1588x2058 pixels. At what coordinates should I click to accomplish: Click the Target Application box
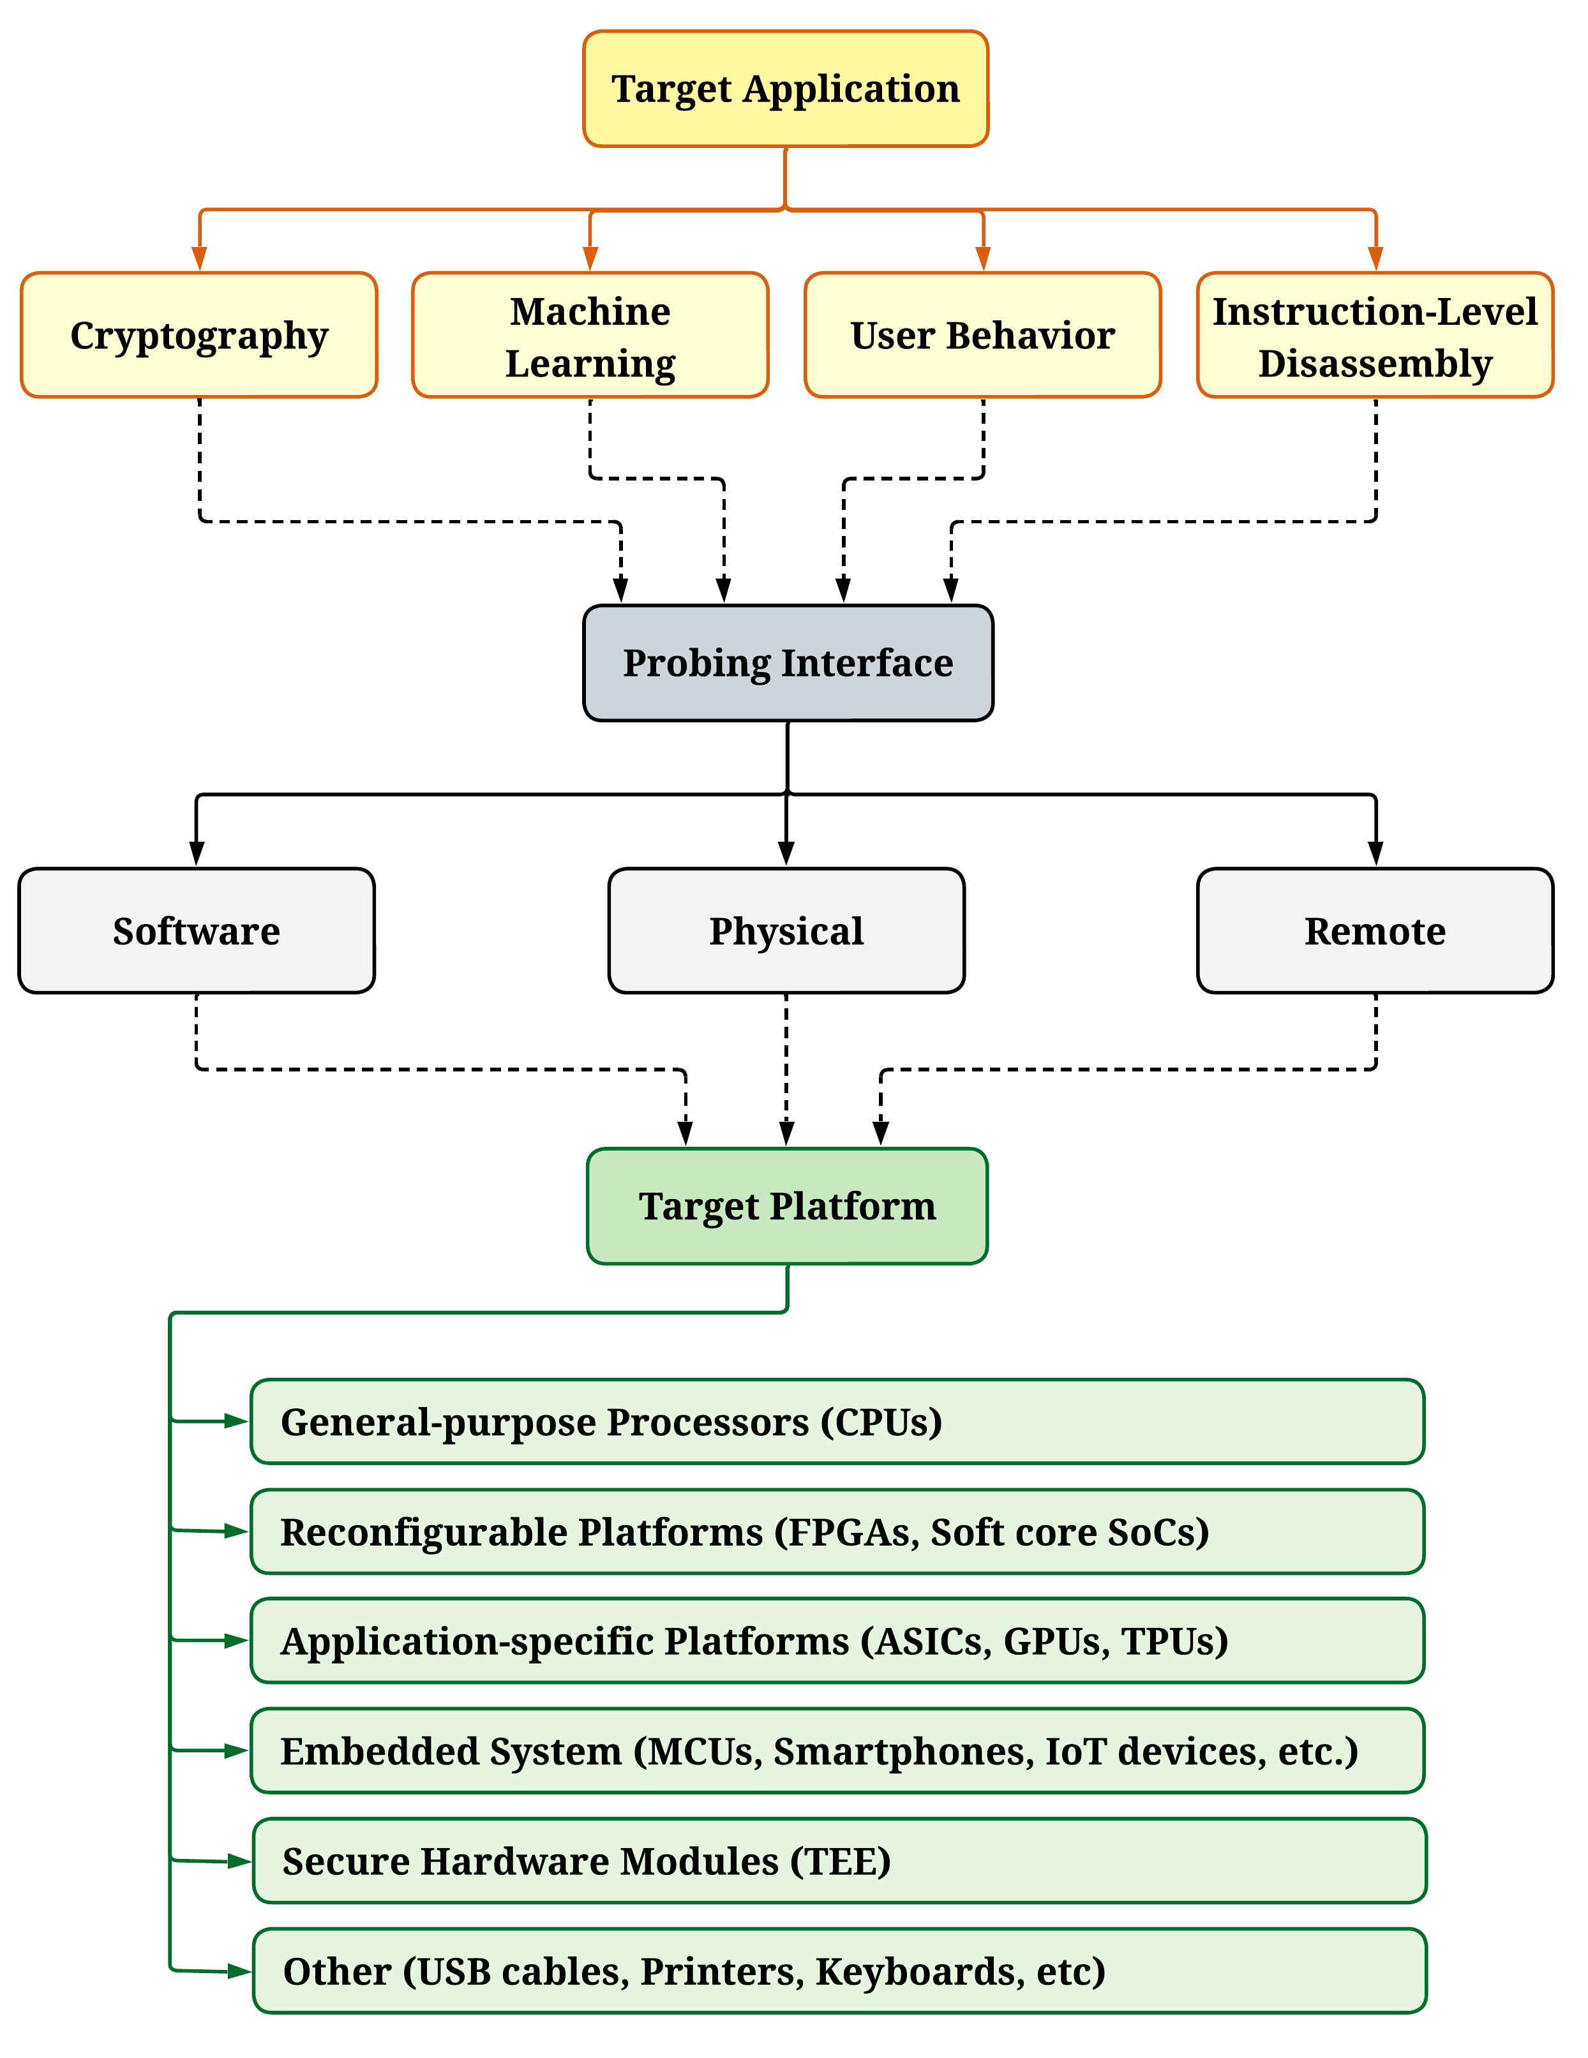tap(785, 89)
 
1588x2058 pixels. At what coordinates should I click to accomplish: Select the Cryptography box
tap(199, 336)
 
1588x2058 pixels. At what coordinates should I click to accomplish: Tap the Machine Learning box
tap(590, 336)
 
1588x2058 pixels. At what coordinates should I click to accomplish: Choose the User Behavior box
tap(982, 336)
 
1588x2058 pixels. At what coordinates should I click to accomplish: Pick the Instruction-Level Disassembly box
tap(1375, 336)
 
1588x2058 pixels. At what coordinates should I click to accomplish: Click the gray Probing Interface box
tap(788, 664)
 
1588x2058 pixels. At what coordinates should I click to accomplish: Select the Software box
tap(196, 931)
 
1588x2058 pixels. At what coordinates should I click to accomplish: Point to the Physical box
tap(786, 931)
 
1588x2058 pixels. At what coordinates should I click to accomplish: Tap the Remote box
tap(1375, 931)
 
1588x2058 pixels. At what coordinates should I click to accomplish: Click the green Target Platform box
tap(787, 1206)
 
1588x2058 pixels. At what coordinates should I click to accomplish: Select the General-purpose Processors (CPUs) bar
tap(837, 1422)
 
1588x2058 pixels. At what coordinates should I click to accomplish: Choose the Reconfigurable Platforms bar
tap(837, 1532)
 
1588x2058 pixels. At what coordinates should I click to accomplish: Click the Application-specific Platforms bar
tap(837, 1641)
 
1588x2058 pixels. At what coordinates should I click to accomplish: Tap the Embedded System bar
tap(837, 1751)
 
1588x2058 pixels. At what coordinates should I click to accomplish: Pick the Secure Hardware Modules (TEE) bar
tap(839, 1861)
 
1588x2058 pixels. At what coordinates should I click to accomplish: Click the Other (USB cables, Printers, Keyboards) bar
tap(839, 1971)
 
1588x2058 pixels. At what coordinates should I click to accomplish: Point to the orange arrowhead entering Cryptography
tap(199, 259)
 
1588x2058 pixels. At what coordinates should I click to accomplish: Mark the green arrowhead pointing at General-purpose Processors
tap(236, 1421)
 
